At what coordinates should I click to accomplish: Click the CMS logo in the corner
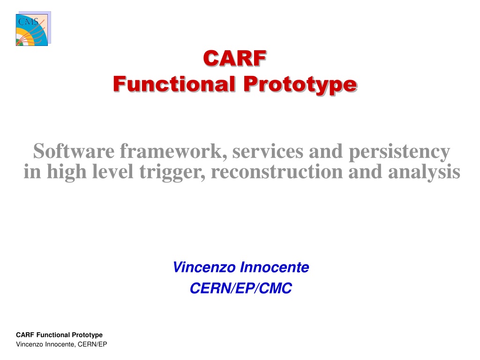(33, 29)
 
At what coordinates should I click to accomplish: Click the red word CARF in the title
(235, 58)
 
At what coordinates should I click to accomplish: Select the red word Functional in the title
(174, 84)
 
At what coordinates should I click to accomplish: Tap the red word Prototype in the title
(300, 85)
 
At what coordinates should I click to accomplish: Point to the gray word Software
(74, 151)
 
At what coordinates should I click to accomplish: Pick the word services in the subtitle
(268, 151)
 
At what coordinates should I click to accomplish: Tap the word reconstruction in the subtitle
(277, 172)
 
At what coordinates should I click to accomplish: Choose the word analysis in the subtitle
(424, 172)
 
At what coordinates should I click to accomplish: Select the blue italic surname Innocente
(275, 267)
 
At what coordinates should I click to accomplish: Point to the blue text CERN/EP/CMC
(241, 288)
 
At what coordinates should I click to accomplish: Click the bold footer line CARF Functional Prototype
(60, 335)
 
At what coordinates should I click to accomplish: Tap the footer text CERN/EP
(92, 345)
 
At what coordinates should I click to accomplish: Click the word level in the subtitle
(113, 172)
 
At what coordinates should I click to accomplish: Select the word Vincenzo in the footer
(30, 345)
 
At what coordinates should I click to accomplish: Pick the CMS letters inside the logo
(28, 22)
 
